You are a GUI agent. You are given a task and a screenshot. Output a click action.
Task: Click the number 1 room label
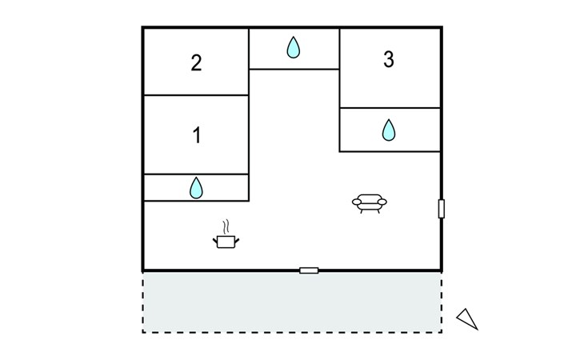[197, 135]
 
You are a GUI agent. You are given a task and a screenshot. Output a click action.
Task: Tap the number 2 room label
[197, 63]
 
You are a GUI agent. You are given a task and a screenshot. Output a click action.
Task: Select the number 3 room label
[389, 60]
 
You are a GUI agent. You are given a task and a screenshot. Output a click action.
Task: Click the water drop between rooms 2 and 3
[294, 48]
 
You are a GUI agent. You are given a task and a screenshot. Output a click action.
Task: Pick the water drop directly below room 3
[389, 130]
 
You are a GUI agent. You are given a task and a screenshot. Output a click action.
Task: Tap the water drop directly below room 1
[196, 188]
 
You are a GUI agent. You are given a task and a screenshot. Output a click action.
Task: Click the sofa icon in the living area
[370, 203]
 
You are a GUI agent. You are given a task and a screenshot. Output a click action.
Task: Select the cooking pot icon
[226, 239]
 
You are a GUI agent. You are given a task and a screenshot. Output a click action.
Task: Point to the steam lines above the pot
[227, 226]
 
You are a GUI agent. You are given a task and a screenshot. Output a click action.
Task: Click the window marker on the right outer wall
[442, 209]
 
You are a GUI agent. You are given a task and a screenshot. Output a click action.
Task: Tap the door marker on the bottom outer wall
[309, 270]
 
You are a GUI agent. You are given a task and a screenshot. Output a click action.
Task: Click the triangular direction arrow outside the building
[467, 318]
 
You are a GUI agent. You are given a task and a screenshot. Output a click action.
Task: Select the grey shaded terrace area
[292, 302]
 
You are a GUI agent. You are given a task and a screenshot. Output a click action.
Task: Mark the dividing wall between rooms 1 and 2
[196, 95]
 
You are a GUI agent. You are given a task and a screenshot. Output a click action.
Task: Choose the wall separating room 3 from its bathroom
[390, 108]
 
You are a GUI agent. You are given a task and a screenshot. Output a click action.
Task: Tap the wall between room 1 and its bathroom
[196, 174]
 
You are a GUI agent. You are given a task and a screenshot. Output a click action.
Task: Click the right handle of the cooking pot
[238, 238]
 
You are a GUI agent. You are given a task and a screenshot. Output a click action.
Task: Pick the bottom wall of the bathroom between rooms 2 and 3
[294, 69]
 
